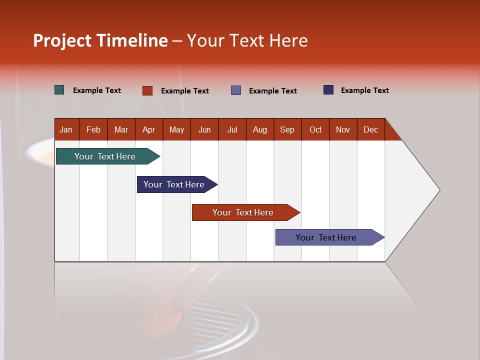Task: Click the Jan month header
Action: tap(66, 129)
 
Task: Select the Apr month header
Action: tap(149, 129)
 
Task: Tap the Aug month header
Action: tap(260, 129)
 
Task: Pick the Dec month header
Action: tap(371, 129)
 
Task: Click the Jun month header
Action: tap(204, 129)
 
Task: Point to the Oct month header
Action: tap(315, 129)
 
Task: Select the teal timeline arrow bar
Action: tap(105, 156)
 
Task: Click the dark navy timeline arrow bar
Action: tap(174, 184)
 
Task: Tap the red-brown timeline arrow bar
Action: tap(243, 212)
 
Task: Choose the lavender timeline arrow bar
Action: tap(326, 237)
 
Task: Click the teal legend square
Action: tap(59, 90)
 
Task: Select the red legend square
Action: tap(147, 90)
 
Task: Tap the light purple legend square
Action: tap(236, 90)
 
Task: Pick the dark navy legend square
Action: tap(328, 90)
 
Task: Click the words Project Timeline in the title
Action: tap(100, 40)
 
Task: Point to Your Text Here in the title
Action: tap(247, 40)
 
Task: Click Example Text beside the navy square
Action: tap(364, 90)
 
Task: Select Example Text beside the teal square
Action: tap(97, 90)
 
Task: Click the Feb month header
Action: tap(93, 129)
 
